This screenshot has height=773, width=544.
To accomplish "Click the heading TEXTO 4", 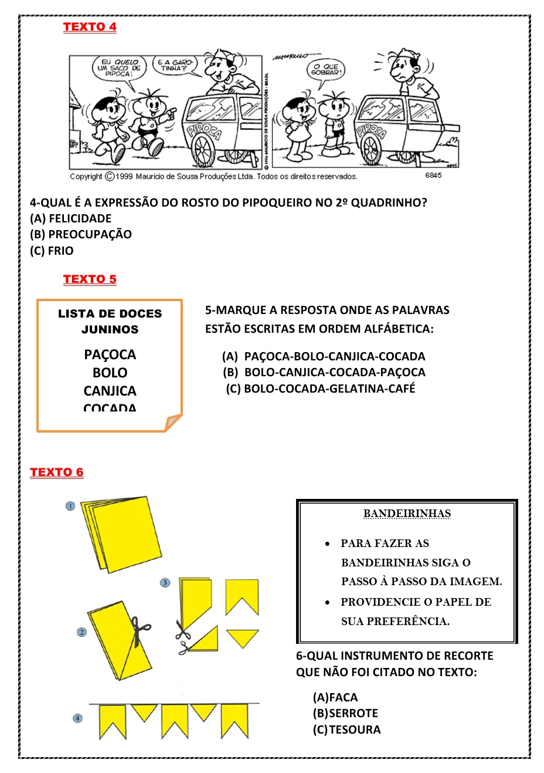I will coord(90,27).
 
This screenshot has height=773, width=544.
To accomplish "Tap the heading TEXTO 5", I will coord(90,279).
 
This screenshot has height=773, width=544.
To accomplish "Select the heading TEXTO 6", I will coord(57,472).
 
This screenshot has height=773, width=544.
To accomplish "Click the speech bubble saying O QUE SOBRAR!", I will coord(326,69).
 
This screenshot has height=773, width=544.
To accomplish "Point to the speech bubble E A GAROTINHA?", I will coord(175,65).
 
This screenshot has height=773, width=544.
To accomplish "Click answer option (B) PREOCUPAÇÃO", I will coord(81,234).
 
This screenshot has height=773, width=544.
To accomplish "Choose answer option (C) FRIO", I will coord(52,251).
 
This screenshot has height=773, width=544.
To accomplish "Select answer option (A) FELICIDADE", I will coord(70,218).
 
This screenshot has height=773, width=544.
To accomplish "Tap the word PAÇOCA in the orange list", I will coord(110,355).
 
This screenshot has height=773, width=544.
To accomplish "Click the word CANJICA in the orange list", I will coord(110,391).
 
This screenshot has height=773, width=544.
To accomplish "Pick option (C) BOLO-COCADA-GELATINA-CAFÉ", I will coord(321,389).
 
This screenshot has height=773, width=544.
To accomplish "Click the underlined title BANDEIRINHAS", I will coord(407,514).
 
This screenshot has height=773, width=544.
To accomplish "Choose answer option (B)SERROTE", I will coord(345,713).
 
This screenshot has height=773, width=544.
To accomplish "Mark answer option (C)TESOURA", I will coord(346,730).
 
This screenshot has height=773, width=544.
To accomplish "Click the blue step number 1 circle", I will coord(70,506).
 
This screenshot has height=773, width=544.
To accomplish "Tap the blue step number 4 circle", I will coord(77,718).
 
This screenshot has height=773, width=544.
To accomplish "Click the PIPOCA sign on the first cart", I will coord(203,131).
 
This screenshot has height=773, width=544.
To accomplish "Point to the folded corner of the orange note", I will coord(174,422).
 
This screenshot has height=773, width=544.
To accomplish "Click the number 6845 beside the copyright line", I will coord(433,175).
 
